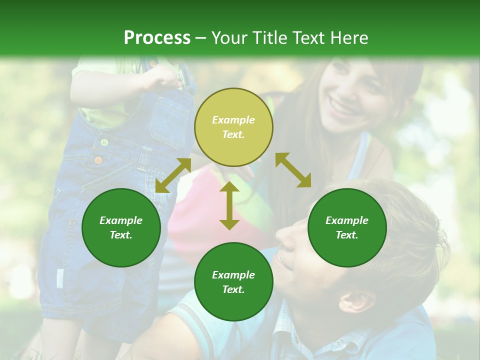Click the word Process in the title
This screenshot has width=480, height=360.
click(x=157, y=38)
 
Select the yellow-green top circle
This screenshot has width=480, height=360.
click(x=233, y=127)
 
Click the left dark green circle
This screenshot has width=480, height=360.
click(x=121, y=227)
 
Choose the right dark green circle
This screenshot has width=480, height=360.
click(x=347, y=227)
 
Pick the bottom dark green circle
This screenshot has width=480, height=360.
click(x=233, y=281)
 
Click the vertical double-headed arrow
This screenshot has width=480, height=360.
click(x=229, y=205)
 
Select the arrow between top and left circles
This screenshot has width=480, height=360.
click(x=173, y=175)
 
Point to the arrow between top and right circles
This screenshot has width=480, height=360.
click(x=293, y=170)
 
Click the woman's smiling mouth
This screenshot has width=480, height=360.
click(x=342, y=107)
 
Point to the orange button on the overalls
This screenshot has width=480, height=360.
click(x=98, y=160)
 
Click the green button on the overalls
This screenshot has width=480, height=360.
click(x=104, y=142)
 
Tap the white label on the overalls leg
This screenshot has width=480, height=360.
click(x=60, y=278)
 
